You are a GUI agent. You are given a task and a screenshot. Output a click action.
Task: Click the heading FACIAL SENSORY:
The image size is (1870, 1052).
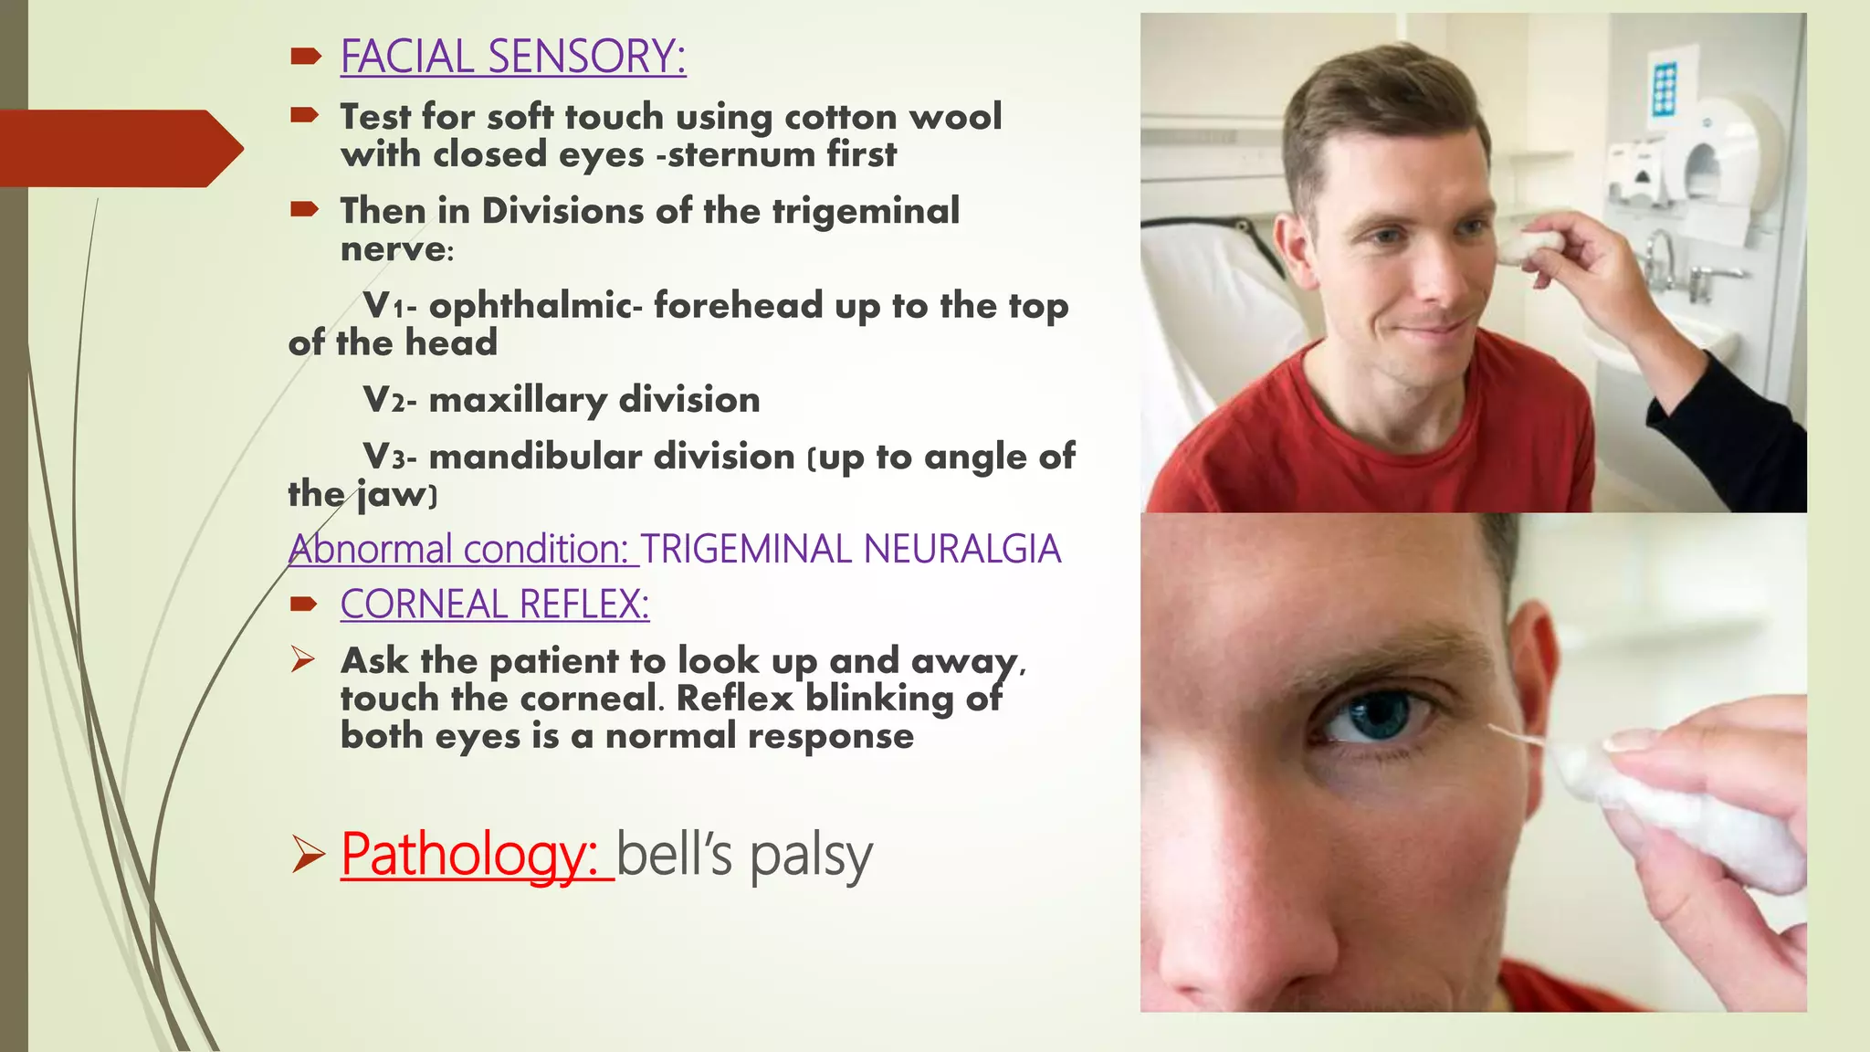coord(512,57)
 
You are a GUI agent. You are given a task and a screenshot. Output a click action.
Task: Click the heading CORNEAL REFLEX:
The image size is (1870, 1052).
coord(494,605)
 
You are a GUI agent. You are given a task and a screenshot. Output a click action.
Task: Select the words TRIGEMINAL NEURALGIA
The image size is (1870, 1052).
coord(850,550)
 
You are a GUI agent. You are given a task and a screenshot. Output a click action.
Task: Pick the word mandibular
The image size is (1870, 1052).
coord(612,457)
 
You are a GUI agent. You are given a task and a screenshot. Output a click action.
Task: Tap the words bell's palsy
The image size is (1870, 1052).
coord(744,855)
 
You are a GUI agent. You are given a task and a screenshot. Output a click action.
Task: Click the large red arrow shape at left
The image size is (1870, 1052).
coord(119,148)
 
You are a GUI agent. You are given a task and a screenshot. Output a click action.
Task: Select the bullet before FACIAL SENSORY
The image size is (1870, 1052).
coord(305,57)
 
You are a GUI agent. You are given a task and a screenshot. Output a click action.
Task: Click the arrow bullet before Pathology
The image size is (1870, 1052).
coord(308,856)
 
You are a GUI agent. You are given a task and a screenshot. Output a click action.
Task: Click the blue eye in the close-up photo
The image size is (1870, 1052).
coord(1378,714)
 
